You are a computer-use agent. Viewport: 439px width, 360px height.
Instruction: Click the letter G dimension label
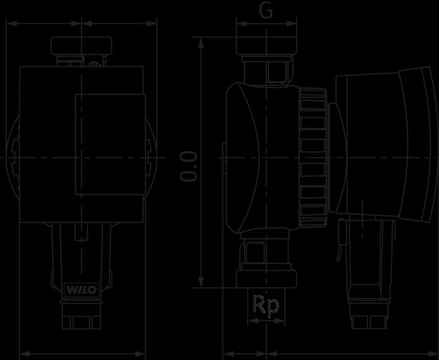tap(266, 11)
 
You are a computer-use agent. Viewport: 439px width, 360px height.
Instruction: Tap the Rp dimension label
tap(267, 307)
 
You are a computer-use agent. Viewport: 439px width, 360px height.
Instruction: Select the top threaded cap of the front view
tap(82, 46)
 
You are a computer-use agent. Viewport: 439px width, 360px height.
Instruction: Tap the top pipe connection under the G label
tap(266, 47)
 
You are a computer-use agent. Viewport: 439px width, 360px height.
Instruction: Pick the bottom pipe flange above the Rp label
tap(266, 278)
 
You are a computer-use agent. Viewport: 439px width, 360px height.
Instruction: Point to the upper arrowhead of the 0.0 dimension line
tap(201, 41)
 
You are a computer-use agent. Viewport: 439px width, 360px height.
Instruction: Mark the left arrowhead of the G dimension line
tap(240, 24)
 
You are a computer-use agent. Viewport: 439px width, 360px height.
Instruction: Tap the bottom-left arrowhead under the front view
tap(24, 354)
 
